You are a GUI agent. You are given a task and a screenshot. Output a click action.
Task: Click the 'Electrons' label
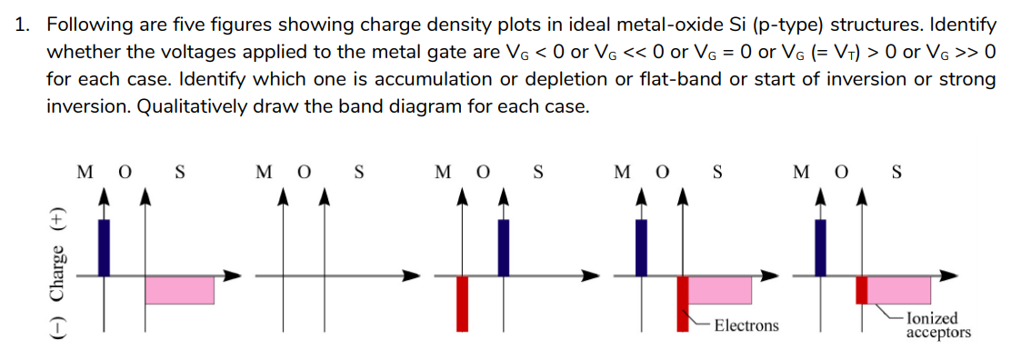[746, 325]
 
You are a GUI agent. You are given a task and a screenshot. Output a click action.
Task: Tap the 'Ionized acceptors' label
[938, 325]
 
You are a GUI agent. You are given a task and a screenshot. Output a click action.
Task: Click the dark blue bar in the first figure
[104, 245]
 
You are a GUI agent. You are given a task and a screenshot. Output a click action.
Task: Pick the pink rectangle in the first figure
[179, 289]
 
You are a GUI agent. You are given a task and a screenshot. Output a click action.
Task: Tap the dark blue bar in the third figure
[503, 245]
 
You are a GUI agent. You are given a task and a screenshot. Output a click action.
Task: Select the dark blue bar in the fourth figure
[641, 245]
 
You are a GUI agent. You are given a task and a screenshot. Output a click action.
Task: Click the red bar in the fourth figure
[682, 303]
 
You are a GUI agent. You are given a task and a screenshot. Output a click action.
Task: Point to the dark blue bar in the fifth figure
[821, 245]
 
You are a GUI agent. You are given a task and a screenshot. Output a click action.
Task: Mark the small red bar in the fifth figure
[862, 289]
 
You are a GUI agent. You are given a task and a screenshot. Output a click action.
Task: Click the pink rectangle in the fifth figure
[899, 289]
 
